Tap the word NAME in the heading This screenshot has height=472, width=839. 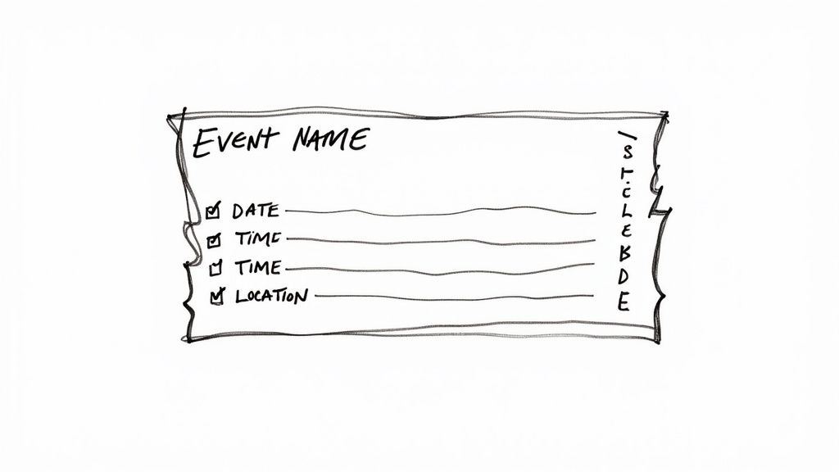330,139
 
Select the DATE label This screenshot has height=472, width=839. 255,211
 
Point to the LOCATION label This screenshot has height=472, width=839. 271,296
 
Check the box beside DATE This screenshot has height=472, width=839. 213,211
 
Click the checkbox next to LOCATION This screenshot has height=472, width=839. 216,297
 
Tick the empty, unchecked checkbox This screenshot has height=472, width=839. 216,267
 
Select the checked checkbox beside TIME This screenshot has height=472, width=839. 215,240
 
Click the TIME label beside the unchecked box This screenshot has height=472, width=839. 257,267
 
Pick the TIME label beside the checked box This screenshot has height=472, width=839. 257,239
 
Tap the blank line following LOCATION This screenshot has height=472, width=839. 453,296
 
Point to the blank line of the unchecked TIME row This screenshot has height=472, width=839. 438,268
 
